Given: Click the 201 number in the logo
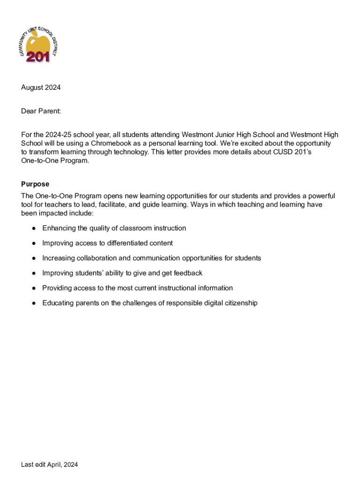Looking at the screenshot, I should click(38, 57).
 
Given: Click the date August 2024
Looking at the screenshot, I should click(41, 87).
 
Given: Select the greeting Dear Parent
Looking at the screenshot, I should click(41, 111).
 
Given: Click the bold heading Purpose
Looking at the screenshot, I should click(35, 184).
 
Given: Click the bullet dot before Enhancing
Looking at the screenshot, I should click(34, 228).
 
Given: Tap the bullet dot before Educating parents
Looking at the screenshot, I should click(34, 303).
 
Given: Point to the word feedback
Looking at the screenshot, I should click(187, 273).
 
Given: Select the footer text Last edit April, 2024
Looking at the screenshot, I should click(49, 464).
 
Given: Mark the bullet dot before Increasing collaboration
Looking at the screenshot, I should click(34, 258).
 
